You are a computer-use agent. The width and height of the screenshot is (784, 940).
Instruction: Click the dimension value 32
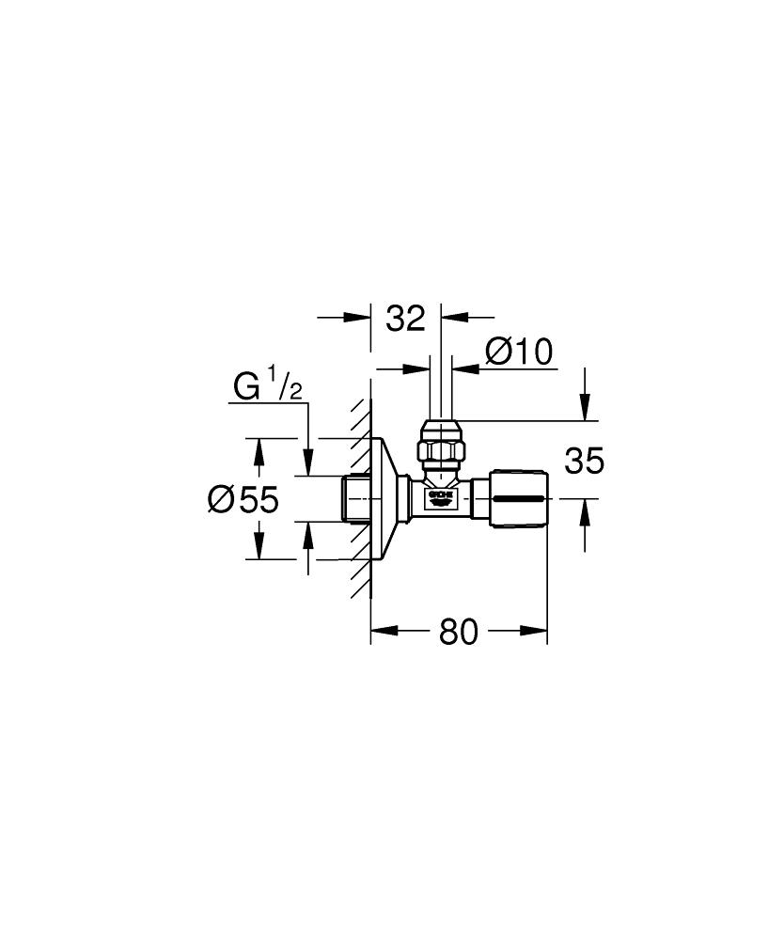(x=406, y=318)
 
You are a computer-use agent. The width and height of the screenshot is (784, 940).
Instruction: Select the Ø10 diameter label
(x=517, y=352)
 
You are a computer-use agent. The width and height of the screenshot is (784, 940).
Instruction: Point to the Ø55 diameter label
(x=243, y=499)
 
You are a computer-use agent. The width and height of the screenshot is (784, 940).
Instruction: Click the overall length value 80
(x=459, y=633)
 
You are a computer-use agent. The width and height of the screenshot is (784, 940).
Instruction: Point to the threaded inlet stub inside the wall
(x=357, y=498)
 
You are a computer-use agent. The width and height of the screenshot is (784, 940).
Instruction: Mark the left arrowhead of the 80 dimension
(x=381, y=633)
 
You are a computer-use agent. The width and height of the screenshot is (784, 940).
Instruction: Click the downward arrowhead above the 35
(x=586, y=411)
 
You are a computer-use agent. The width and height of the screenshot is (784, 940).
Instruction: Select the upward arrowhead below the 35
(x=586, y=510)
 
